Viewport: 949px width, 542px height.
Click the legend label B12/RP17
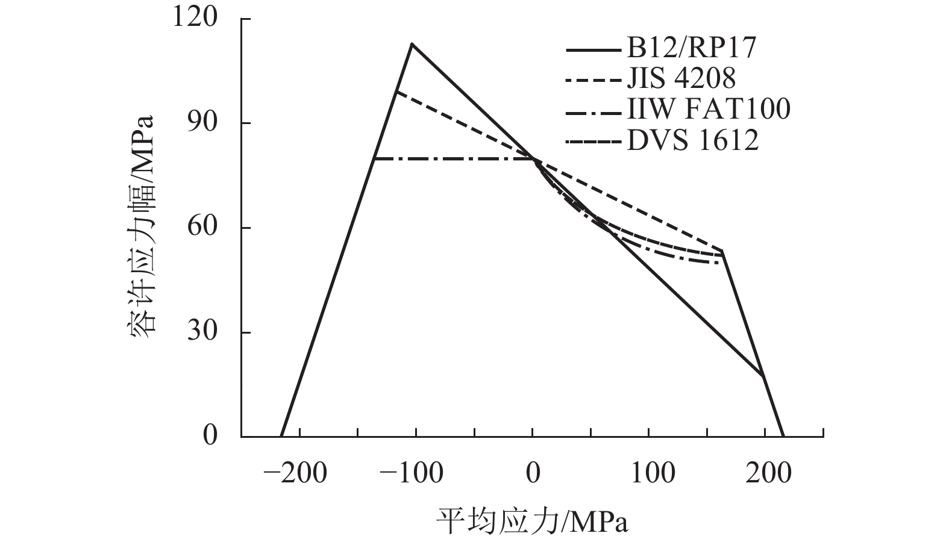pos(691,48)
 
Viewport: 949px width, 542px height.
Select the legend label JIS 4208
pos(681,79)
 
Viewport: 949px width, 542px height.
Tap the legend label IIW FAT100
pos(708,110)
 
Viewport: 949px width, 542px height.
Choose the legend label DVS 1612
pos(692,141)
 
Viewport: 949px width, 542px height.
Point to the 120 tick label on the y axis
pos(194,19)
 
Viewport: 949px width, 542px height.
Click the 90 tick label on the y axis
pos(202,123)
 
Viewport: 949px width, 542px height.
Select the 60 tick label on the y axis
pos(202,228)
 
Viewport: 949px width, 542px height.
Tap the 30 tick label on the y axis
pos(202,332)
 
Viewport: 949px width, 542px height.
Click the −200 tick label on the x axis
pos(295,473)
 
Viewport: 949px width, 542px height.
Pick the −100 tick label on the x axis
pos(412,473)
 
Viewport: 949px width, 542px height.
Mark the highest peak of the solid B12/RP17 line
pos(412,43)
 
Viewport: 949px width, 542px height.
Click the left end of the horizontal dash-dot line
pos(374,159)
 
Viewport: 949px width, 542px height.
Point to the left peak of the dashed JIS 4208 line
pos(396,91)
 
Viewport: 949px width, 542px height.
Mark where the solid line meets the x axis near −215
pos(281,435)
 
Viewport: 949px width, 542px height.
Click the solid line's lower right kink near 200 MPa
pos(763,376)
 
